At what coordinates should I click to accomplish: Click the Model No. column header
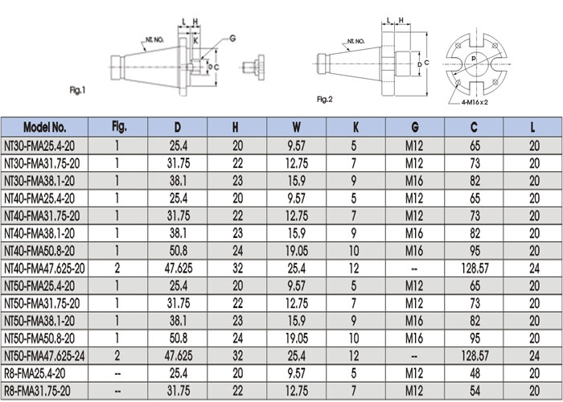click(44, 127)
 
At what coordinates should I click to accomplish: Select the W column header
click(296, 127)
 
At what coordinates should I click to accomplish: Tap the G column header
click(415, 127)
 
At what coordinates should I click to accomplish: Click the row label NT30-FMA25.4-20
click(39, 146)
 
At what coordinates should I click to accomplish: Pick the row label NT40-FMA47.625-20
click(44, 268)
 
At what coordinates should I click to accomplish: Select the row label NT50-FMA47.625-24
click(44, 355)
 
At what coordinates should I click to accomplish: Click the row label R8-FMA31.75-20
click(37, 391)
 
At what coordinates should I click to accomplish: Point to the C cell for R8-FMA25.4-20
click(475, 373)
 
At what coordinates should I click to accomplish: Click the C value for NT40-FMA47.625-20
click(475, 268)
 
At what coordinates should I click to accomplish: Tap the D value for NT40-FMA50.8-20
click(179, 251)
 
